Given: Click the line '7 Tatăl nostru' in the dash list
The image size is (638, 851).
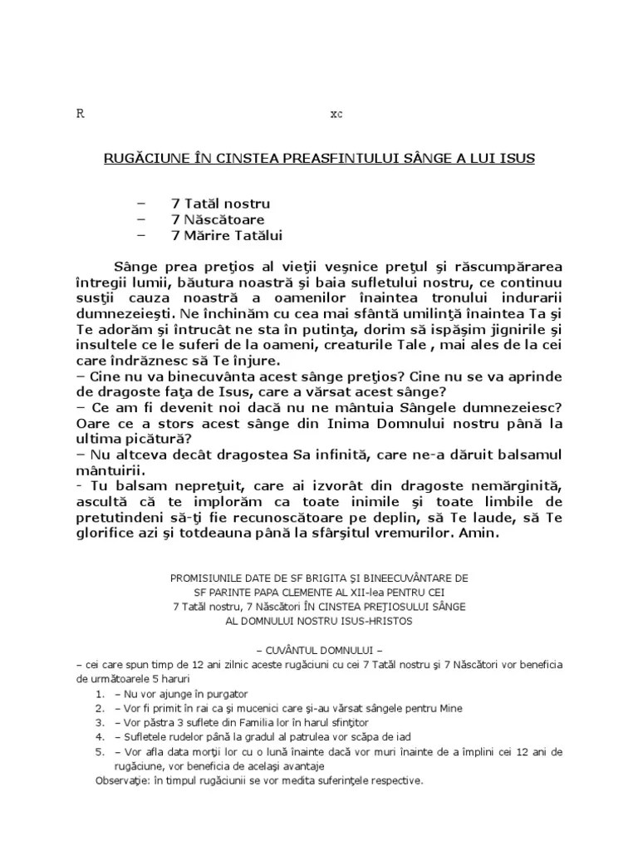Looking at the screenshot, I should pos(220,203).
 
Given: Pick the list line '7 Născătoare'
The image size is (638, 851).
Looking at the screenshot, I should pos(218,219).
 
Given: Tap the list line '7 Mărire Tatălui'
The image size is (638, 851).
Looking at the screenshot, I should pos(227,236).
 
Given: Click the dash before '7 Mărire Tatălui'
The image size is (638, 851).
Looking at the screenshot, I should pos(138,236).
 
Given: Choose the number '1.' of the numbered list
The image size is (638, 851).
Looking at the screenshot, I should pos(100,694).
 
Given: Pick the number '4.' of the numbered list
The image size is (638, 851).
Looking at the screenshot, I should pos(100,737).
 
